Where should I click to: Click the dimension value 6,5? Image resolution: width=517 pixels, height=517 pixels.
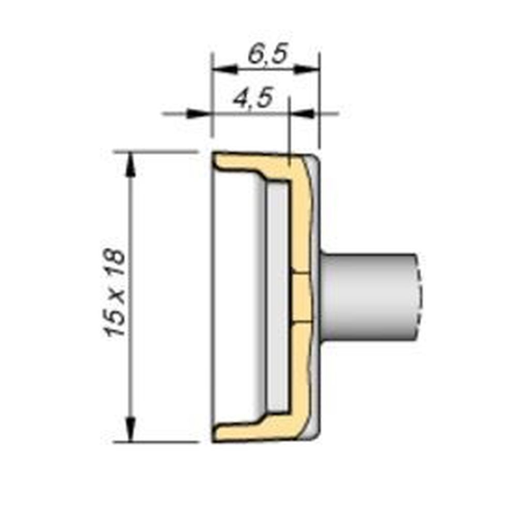(x=266, y=54)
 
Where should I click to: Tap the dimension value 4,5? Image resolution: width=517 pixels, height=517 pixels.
(x=252, y=98)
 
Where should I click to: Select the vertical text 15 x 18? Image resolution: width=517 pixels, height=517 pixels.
(x=116, y=293)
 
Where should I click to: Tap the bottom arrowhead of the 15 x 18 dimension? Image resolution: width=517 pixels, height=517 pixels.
(x=130, y=429)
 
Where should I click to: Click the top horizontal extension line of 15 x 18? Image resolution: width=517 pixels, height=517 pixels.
(x=155, y=151)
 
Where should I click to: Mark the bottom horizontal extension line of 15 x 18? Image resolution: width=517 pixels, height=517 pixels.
(x=155, y=442)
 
